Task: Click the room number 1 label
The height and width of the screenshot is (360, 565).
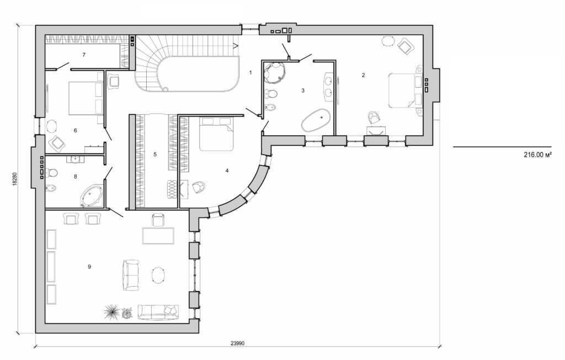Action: coord(250,72)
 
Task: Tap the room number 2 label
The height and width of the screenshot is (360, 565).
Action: coord(363,76)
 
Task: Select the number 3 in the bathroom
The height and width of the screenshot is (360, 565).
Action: coord(303,90)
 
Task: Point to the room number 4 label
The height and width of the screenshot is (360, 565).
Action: coord(227,170)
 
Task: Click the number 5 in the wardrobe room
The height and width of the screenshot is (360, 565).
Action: coord(155,154)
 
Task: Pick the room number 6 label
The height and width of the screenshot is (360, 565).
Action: coord(75,131)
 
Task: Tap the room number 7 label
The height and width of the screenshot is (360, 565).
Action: coord(83,55)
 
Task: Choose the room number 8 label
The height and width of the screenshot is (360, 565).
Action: coord(75,177)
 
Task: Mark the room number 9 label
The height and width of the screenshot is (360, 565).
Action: coord(89,266)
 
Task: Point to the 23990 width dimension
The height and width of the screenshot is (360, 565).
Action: coord(238,342)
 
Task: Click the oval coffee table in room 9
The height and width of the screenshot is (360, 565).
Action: coord(159,275)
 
